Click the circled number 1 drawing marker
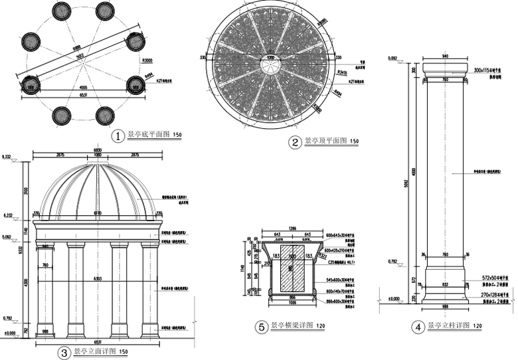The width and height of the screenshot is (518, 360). coord(118,136)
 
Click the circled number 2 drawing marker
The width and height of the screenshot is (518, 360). coord(294,142)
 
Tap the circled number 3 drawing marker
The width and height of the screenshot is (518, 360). coord(64,353)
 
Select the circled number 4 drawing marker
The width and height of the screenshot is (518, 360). coord(418,327)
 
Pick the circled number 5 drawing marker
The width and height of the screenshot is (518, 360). coord(262,327)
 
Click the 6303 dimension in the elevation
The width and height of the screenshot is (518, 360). coord(98,279)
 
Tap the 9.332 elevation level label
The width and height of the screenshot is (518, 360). coord(9,157)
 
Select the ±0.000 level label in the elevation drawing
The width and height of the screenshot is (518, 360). coord(9,333)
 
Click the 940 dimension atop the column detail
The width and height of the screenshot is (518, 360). coord(446,56)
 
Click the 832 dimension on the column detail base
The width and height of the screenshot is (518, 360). coord(446,284)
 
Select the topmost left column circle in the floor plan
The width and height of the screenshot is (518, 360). coord(61,11)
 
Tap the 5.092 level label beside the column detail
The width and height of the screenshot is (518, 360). coord(392,58)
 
